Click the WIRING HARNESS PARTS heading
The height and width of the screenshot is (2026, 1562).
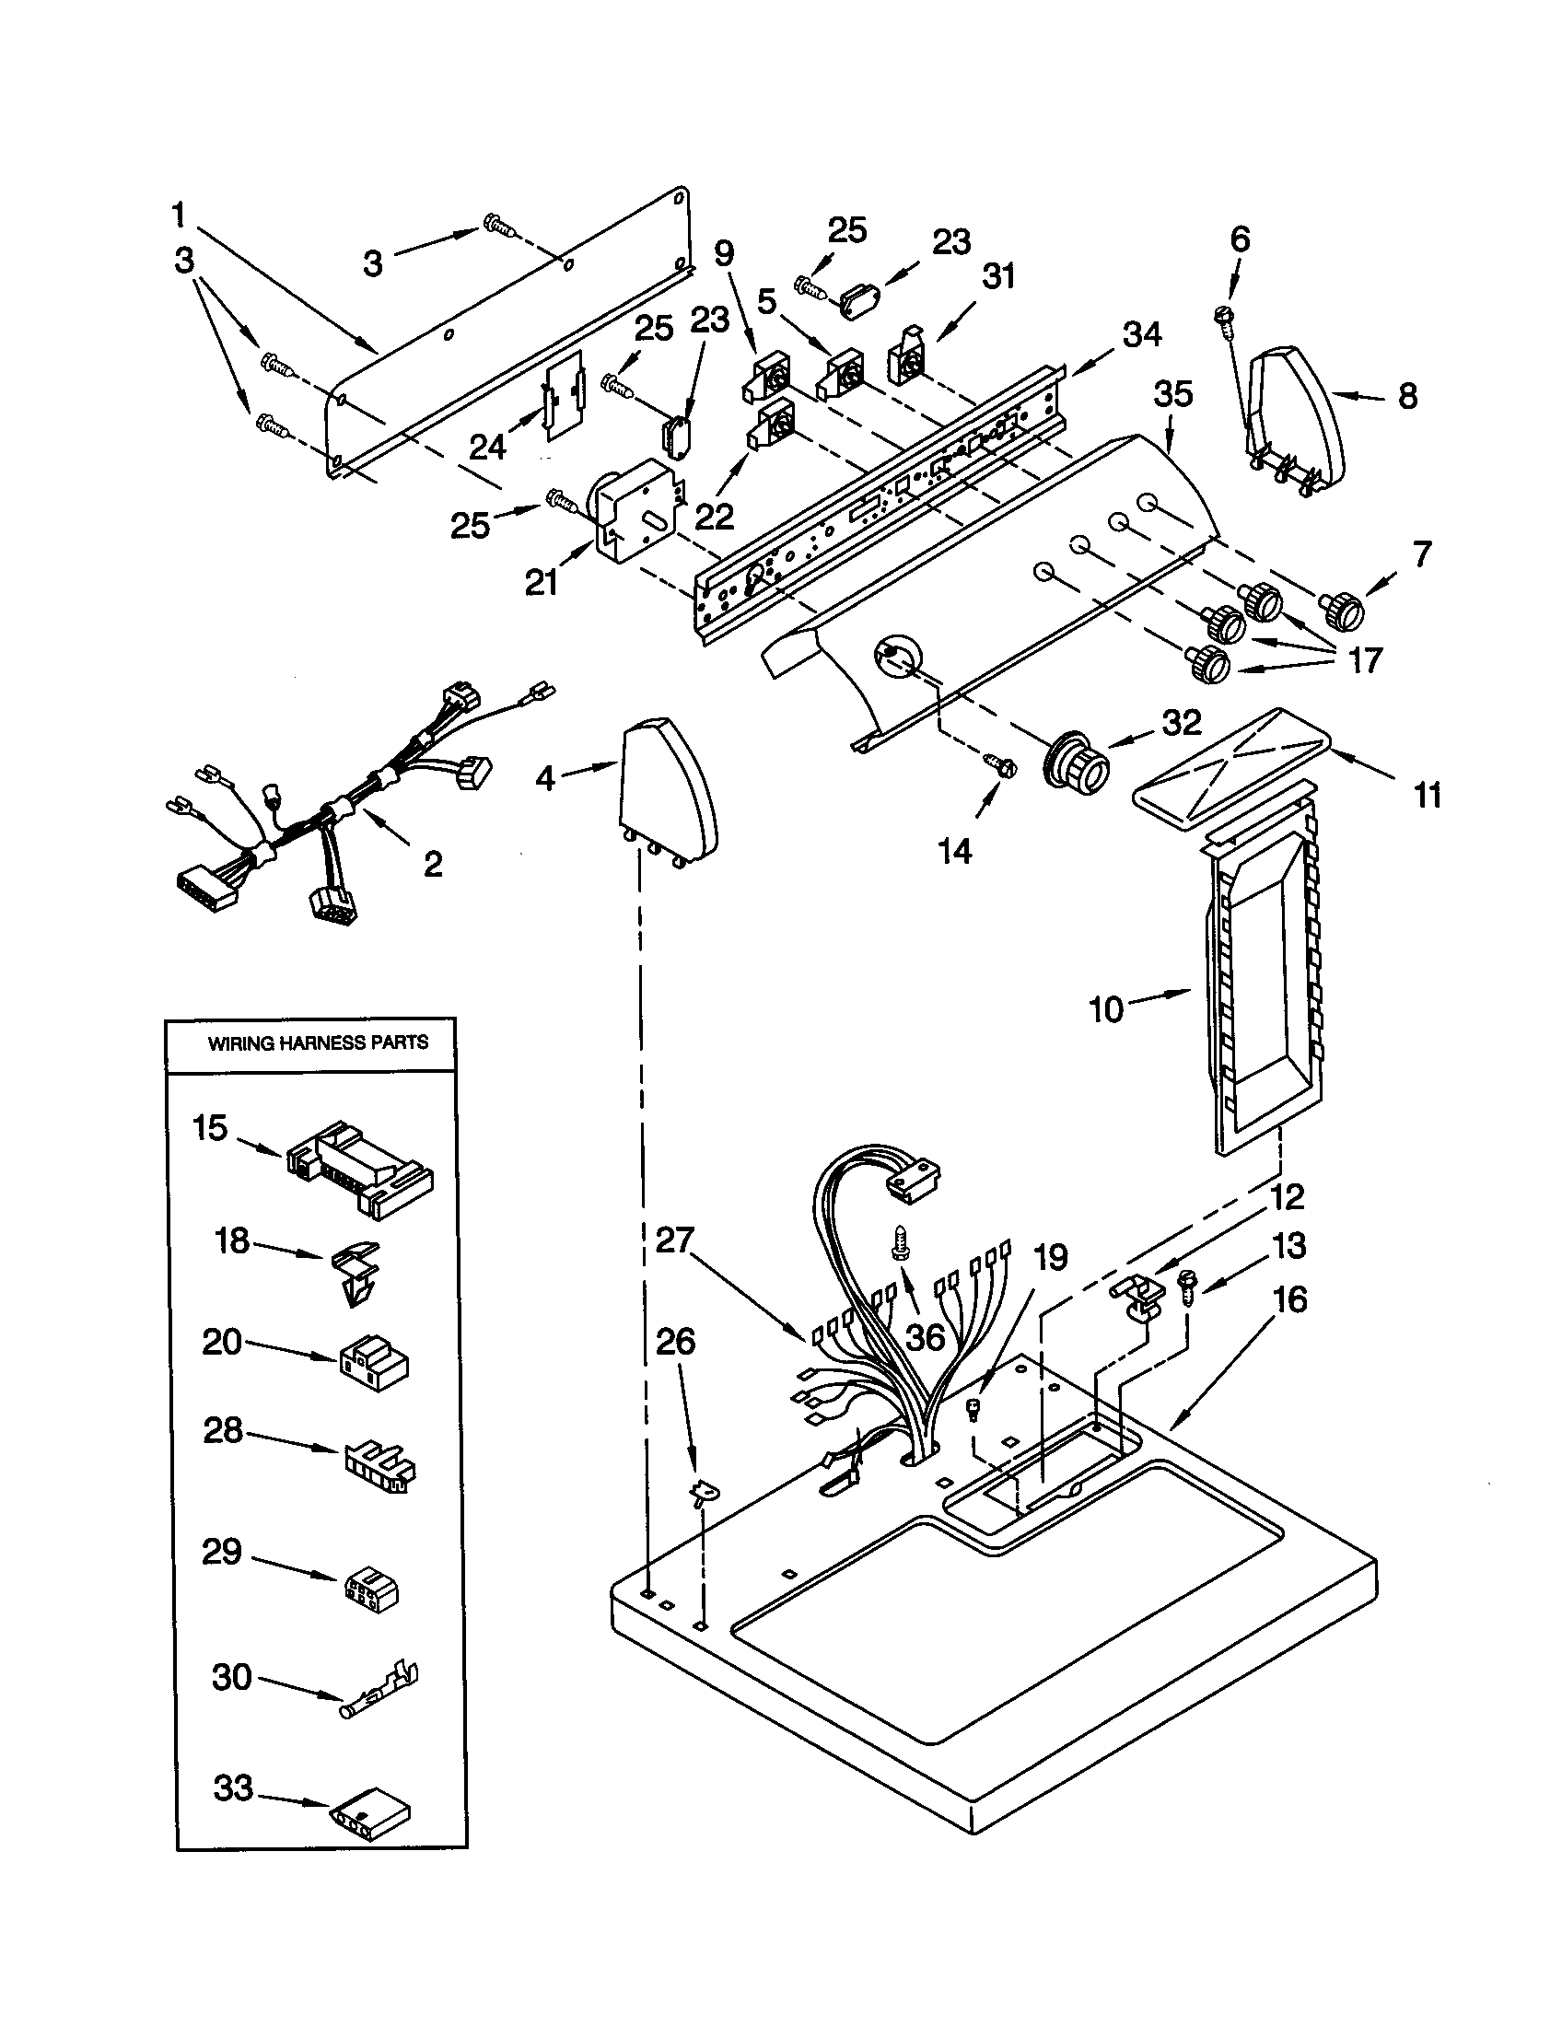pos(317,1042)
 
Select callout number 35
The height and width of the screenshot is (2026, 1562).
pos(1172,394)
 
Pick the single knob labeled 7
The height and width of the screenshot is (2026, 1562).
pos(1341,608)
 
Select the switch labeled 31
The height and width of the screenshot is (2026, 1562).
pos(908,357)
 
